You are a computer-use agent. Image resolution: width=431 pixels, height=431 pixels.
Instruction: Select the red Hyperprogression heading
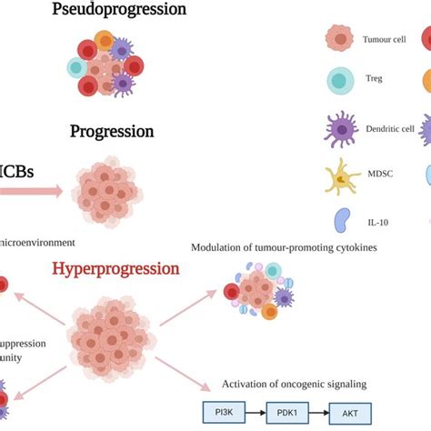[128, 268]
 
